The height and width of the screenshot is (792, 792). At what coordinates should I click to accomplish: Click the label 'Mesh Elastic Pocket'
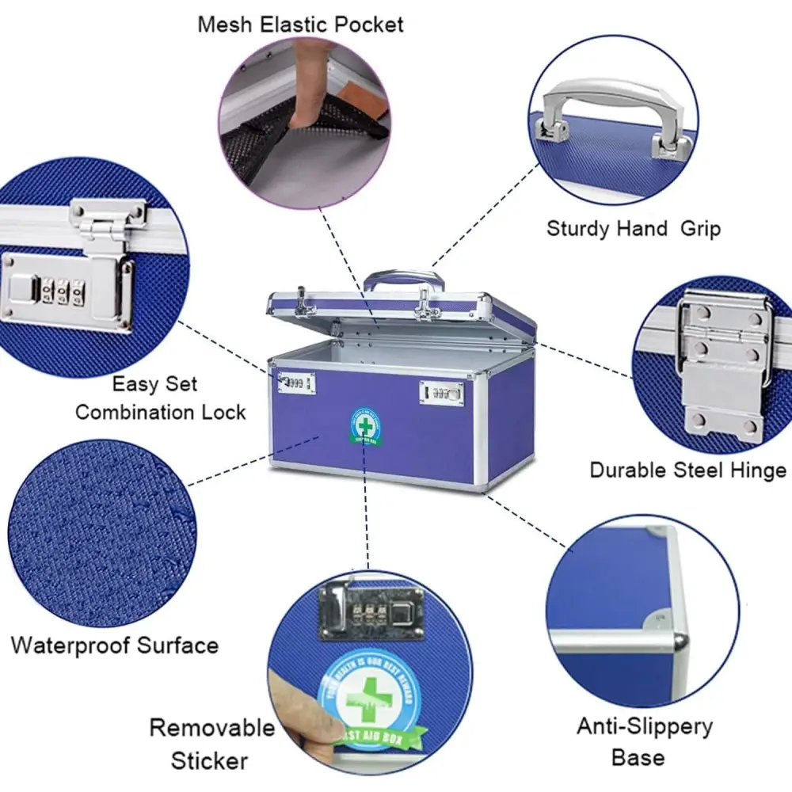pos(300,25)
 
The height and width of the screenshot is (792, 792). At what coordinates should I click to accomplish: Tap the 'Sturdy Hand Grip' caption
pos(633,230)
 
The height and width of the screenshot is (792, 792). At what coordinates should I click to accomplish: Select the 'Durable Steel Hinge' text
pos(687,470)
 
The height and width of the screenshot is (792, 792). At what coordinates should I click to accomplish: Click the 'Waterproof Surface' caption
pos(115,645)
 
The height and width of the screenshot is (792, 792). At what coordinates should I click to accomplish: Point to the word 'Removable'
pos(212,727)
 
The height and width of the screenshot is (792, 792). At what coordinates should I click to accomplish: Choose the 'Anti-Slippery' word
pos(644,726)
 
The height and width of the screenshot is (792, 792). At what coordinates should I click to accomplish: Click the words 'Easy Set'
pos(154,385)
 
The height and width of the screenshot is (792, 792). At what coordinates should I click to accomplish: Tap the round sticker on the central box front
pos(365,428)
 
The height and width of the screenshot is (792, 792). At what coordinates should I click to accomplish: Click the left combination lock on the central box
pos(296,383)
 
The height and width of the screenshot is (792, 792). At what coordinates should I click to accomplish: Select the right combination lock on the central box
pos(442,392)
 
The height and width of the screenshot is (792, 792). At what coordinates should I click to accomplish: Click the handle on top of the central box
pos(404,280)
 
